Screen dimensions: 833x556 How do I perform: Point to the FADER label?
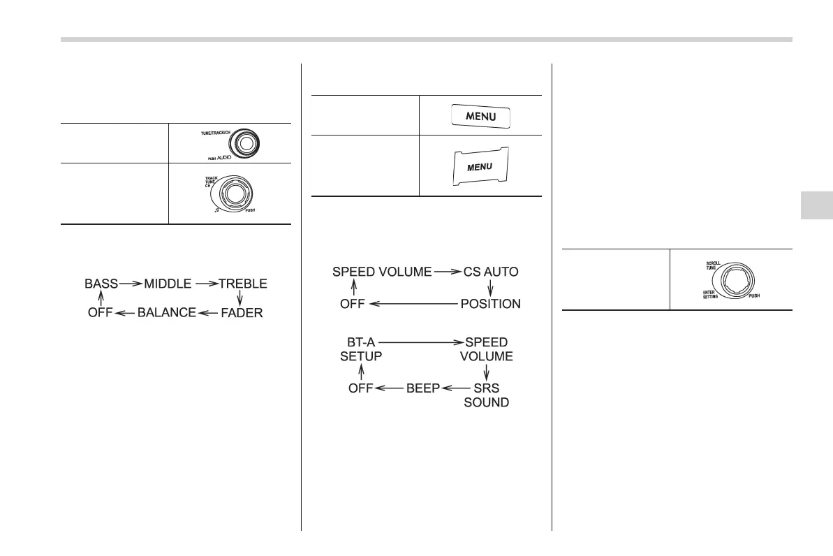point(242,312)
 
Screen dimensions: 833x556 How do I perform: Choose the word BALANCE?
point(166,312)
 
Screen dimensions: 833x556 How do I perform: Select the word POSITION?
point(490,304)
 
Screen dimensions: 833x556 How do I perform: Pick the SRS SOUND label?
point(486,395)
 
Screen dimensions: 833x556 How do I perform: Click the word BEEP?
point(423,388)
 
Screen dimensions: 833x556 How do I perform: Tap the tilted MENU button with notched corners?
point(480,166)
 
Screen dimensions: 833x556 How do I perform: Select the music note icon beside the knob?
point(218,208)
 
